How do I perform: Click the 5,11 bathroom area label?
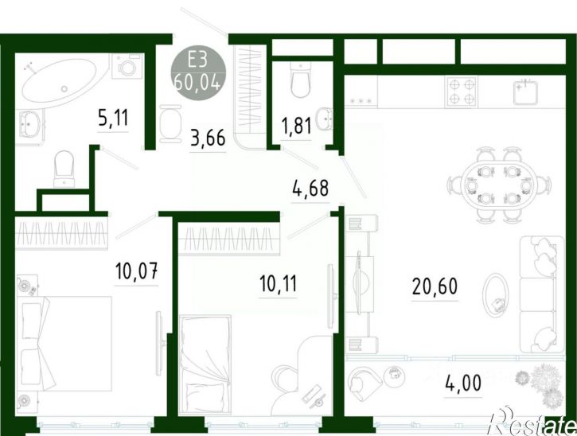[x=113, y=118]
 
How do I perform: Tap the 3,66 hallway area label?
[x=208, y=138]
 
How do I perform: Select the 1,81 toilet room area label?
[x=296, y=126]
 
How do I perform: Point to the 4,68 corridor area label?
[x=310, y=188]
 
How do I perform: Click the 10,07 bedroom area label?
[x=137, y=271]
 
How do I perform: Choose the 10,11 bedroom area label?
[x=278, y=284]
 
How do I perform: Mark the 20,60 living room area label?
[x=435, y=286]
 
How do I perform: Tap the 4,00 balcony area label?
[x=463, y=383]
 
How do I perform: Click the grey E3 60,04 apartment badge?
[x=198, y=75]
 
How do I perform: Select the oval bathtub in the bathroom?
[x=60, y=83]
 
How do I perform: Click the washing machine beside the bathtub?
[x=127, y=66]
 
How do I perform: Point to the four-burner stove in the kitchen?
[x=462, y=92]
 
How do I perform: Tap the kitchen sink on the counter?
[x=525, y=92]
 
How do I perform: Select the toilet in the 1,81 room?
[x=300, y=80]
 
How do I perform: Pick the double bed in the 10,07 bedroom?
[x=66, y=344]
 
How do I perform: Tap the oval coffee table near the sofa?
[x=495, y=295]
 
